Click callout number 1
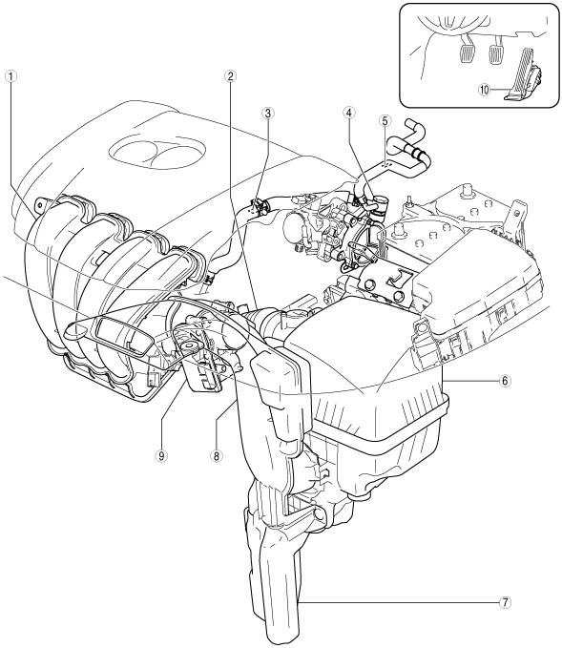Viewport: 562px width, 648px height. (11, 76)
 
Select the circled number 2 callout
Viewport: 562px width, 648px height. (230, 76)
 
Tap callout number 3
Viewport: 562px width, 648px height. (268, 113)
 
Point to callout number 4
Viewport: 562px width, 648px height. (349, 113)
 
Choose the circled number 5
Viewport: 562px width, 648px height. (385, 120)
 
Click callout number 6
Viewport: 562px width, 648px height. (505, 380)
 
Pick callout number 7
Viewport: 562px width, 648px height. (505, 602)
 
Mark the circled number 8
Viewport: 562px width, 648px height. (216, 456)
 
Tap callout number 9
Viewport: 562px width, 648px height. (161, 456)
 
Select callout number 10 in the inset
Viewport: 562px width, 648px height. (485, 89)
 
